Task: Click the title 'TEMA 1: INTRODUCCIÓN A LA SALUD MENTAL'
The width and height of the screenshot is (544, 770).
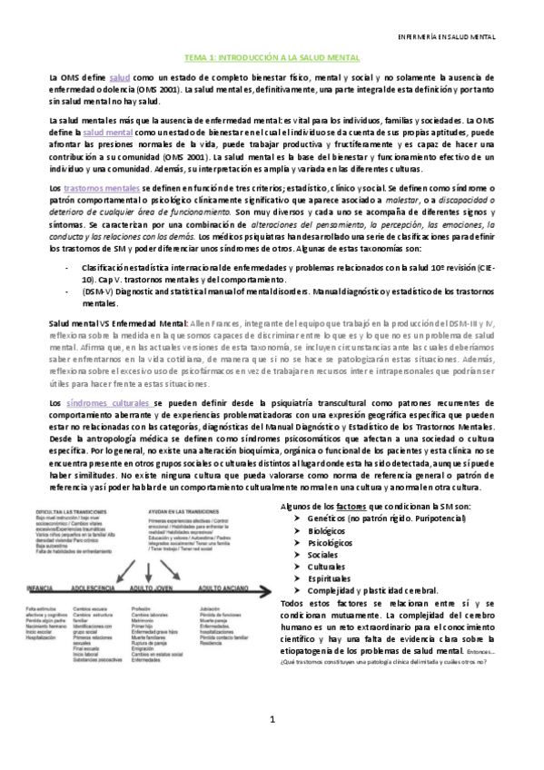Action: click(272, 56)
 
